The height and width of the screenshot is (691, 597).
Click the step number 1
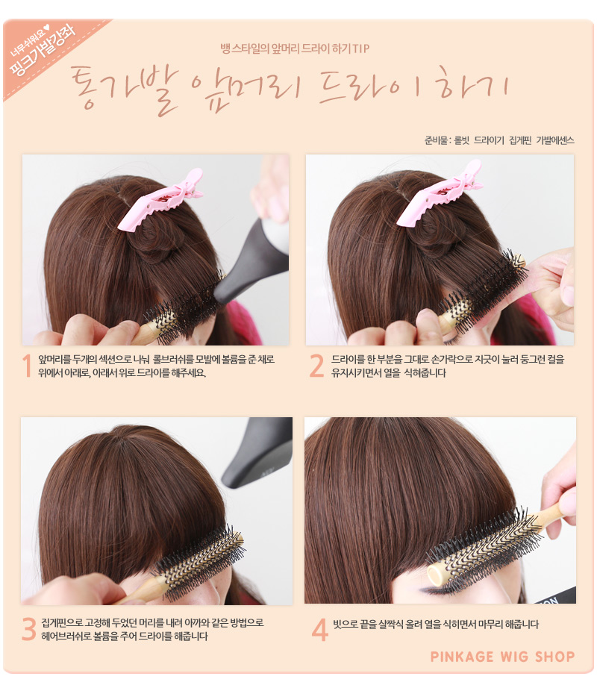(28, 366)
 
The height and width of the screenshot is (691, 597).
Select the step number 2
(316, 366)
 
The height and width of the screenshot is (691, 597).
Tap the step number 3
(28, 629)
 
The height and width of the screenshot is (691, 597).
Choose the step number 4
(319, 629)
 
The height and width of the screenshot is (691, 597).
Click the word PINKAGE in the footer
(462, 657)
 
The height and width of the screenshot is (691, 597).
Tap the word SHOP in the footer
(555, 657)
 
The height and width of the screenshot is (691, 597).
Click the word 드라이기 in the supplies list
(489, 140)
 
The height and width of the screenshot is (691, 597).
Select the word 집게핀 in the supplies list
(520, 140)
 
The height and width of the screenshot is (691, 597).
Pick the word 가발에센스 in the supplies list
(555, 140)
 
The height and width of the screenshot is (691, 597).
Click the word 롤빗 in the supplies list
(462, 140)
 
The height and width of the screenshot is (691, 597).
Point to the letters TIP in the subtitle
(360, 49)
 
